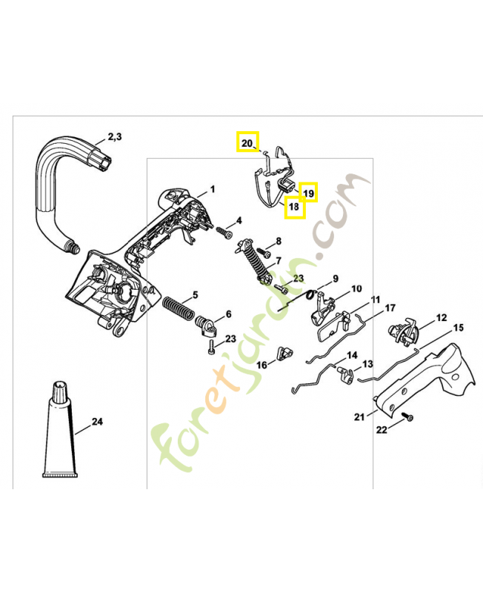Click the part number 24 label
click(97, 421)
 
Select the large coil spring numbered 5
click(179, 308)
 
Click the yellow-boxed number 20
click(247, 143)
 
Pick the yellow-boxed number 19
click(309, 193)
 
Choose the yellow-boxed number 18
click(293, 207)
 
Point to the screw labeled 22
click(407, 417)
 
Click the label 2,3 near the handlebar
click(115, 136)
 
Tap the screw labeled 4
click(224, 231)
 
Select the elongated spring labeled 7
click(253, 261)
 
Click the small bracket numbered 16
click(286, 353)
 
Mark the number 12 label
click(442, 318)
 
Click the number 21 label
click(359, 417)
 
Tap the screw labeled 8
click(264, 251)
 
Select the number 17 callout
click(390, 308)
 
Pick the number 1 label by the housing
click(213, 189)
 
